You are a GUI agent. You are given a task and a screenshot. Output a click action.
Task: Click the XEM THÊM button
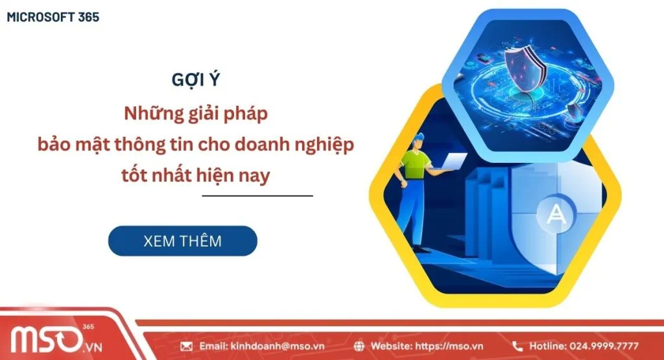[x=182, y=241]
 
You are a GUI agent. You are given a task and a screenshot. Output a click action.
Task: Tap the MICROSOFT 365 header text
[x=53, y=18]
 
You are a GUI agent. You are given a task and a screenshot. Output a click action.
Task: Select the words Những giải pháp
[x=195, y=113]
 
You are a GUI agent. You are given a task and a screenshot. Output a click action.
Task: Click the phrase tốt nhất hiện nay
[x=195, y=174]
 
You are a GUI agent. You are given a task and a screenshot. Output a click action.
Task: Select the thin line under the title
[x=257, y=195]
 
